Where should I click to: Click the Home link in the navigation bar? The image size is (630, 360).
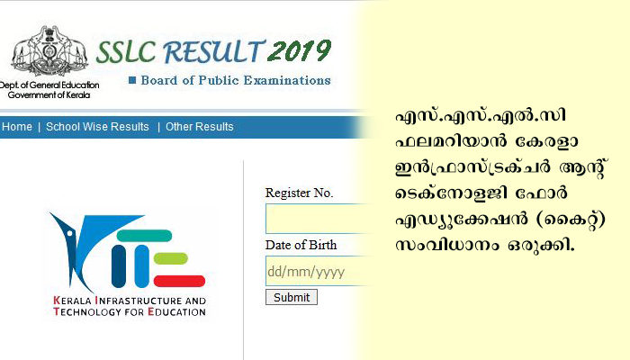click(17, 127)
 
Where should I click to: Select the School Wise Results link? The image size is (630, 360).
click(97, 127)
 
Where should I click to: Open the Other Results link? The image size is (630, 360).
click(199, 127)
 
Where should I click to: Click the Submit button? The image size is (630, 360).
click(292, 297)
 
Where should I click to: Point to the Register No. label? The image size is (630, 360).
click(300, 193)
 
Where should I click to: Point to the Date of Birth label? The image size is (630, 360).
click(301, 245)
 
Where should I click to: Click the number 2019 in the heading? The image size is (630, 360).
click(300, 51)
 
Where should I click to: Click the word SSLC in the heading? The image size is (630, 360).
click(126, 52)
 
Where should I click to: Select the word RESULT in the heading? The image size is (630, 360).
click(213, 51)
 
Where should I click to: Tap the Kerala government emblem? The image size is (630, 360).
click(49, 50)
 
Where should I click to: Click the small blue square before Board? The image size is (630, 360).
click(131, 80)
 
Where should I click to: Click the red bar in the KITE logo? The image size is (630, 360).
click(180, 281)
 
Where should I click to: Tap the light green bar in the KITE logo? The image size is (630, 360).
click(171, 258)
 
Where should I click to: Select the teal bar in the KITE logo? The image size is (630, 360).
click(144, 236)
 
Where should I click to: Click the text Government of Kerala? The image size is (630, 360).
click(49, 95)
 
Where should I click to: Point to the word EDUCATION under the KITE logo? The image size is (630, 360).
click(176, 311)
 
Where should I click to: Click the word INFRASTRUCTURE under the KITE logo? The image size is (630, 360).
click(139, 301)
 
